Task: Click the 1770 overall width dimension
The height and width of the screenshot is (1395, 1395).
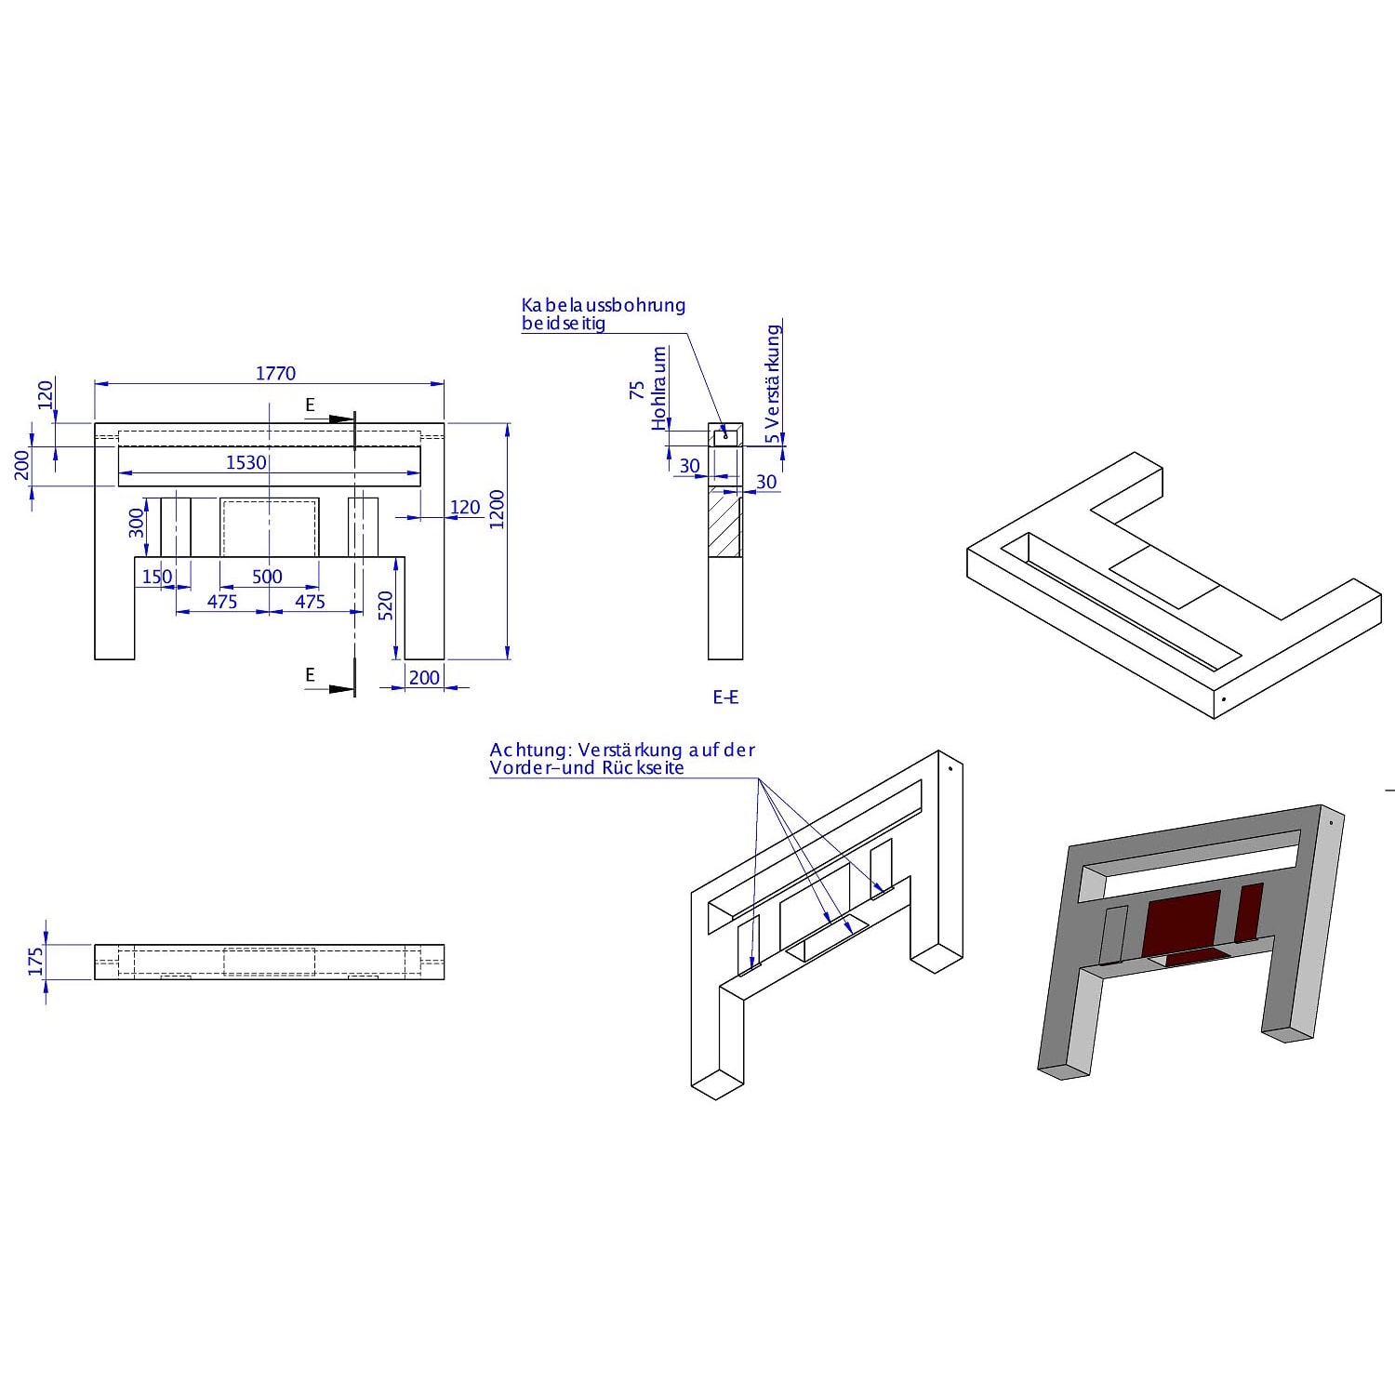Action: [275, 373]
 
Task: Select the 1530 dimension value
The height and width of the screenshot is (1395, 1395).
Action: [246, 462]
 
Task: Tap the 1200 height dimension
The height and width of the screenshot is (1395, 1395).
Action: [497, 509]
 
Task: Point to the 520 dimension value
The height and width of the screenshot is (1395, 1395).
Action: [386, 605]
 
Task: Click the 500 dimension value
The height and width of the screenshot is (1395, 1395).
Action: [267, 577]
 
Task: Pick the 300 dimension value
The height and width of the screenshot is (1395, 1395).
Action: [137, 523]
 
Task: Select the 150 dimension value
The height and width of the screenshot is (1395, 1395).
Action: [157, 577]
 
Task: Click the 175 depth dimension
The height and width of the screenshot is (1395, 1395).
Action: [36, 962]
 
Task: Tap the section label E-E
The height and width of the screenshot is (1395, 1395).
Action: [725, 697]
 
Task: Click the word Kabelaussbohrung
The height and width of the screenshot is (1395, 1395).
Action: [604, 305]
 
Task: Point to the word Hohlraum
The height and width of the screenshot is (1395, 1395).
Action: [659, 389]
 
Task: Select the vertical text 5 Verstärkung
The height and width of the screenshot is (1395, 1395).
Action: [773, 384]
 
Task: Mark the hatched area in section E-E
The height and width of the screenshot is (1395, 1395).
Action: [725, 524]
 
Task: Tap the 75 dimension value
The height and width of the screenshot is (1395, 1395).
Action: [637, 390]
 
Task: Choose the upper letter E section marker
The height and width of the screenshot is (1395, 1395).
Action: [311, 405]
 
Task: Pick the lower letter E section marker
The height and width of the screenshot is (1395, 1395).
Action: [311, 674]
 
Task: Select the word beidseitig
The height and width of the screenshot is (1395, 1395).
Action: [564, 324]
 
